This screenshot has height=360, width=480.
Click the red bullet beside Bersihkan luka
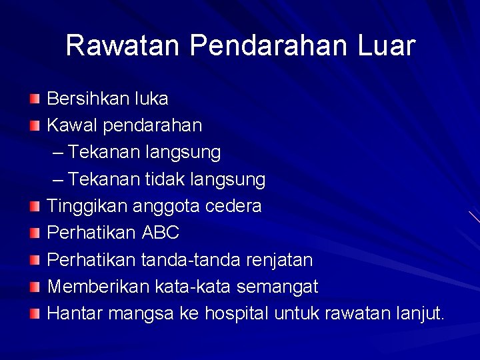[x=35, y=99]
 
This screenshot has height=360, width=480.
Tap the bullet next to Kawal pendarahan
[x=35, y=126]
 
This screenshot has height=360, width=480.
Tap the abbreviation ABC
[x=161, y=233]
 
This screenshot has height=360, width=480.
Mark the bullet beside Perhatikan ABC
[x=35, y=233]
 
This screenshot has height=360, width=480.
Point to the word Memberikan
[x=99, y=287]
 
